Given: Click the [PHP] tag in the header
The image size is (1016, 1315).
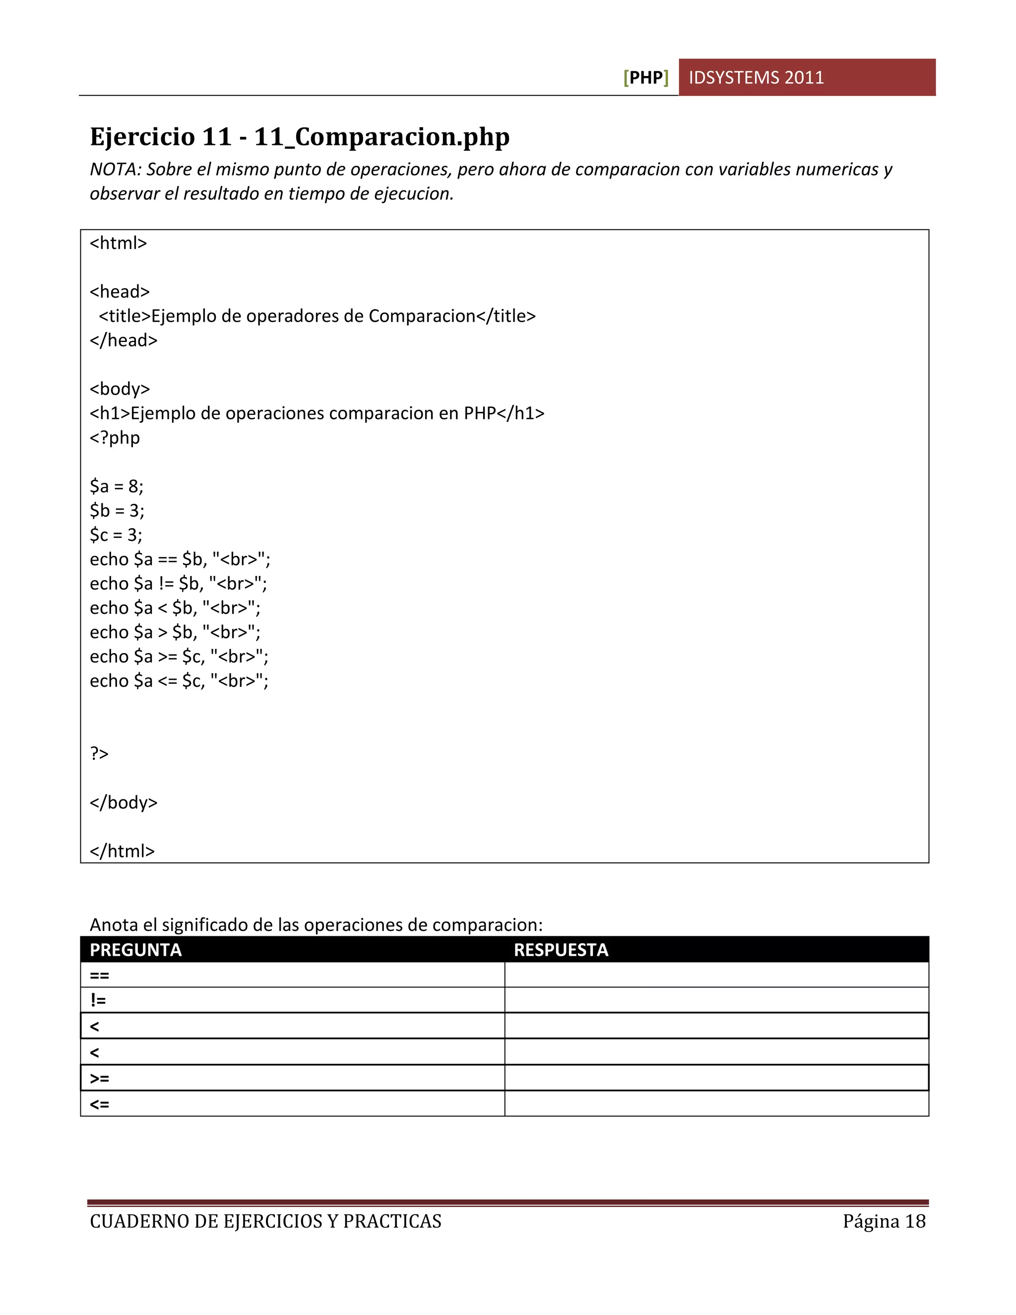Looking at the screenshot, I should click(x=646, y=78).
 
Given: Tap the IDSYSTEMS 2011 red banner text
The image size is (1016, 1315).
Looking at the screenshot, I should click(x=756, y=78).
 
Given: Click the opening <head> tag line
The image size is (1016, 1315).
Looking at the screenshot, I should click(x=120, y=291).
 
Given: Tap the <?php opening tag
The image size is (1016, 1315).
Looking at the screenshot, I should click(x=115, y=438).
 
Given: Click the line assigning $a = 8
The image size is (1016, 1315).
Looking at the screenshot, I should click(x=117, y=486).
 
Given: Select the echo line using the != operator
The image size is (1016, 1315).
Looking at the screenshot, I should click(x=178, y=584).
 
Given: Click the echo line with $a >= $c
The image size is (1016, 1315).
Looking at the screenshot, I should click(x=179, y=657).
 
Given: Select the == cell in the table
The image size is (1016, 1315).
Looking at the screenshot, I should click(x=100, y=976).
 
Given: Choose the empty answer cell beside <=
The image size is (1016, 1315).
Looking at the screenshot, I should click(x=716, y=1104).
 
